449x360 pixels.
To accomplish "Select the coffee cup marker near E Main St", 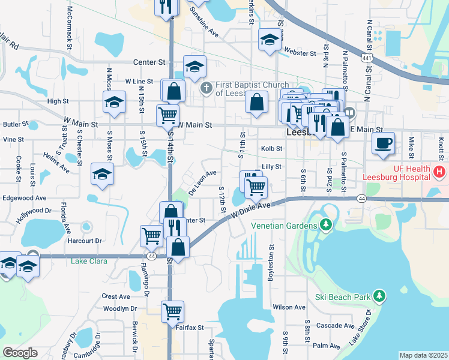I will pos(383,143).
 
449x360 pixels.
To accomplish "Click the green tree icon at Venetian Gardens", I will pos(326,225).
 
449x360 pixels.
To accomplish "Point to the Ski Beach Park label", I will pos(343,297).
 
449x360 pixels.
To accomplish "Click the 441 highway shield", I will pos(366,58).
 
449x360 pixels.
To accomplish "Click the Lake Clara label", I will pos(88,261).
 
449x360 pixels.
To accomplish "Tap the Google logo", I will pos(20,352).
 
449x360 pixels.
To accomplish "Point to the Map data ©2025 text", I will pos(423,355).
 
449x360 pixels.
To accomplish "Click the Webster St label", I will pos(300,53).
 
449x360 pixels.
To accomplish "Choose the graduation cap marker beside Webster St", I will pos(270,40).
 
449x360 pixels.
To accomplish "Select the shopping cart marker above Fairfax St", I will pos(172,311).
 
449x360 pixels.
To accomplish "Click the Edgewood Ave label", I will pos(25,197).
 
